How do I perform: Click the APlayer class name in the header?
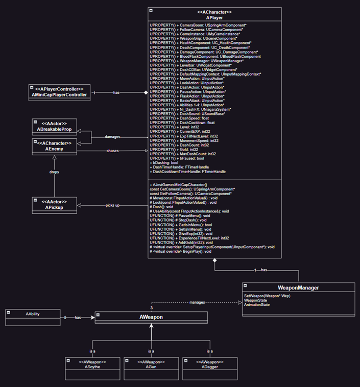tap(214, 17)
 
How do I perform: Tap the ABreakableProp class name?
tap(55, 129)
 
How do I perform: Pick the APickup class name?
tap(54, 207)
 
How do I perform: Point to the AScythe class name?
tap(92, 367)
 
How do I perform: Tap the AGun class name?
tap(151, 367)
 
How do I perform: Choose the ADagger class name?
tap(209, 367)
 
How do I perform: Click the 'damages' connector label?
tap(113, 137)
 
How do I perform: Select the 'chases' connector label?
tap(113, 151)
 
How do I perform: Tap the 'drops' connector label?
tap(54, 172)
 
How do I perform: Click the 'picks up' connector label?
tap(112, 205)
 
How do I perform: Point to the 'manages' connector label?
tap(198, 303)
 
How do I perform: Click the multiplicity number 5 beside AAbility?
tap(65, 317)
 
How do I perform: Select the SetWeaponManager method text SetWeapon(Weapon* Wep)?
tap(267, 296)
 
